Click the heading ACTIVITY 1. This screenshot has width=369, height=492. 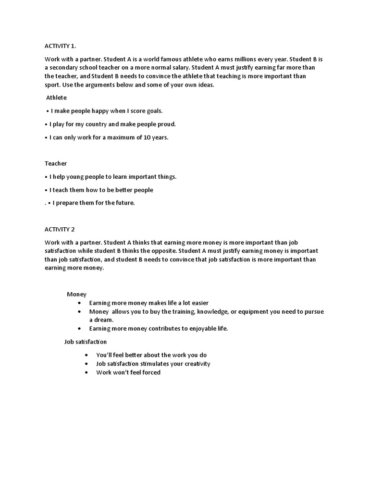click(x=60, y=46)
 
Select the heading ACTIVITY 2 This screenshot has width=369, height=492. click(x=59, y=229)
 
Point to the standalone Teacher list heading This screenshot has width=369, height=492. click(x=56, y=163)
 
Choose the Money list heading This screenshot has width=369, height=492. click(x=76, y=294)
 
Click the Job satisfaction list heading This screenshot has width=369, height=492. click(x=86, y=342)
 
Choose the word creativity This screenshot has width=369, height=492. click(x=195, y=364)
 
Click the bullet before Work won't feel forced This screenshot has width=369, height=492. click(x=86, y=372)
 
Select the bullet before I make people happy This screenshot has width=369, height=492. click(x=47, y=111)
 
